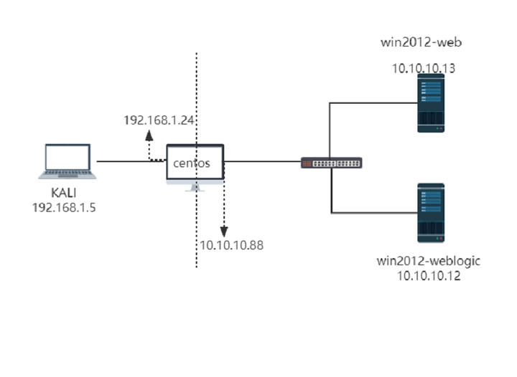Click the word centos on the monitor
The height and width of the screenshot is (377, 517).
point(192,163)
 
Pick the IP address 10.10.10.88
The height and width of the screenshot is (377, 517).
point(230,245)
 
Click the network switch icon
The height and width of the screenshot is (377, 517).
point(332,163)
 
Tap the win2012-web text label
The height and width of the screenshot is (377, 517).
point(421,42)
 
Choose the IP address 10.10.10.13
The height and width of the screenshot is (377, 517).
point(424,68)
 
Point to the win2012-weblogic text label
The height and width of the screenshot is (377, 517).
point(428,259)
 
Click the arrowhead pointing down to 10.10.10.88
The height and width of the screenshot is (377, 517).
point(224,232)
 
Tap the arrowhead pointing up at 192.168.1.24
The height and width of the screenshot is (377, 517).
point(150,135)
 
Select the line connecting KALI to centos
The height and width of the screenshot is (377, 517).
point(129,161)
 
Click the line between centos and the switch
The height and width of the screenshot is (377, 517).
point(262,161)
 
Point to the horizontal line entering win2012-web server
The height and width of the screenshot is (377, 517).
point(373,103)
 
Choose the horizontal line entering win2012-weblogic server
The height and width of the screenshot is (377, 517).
point(373,212)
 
